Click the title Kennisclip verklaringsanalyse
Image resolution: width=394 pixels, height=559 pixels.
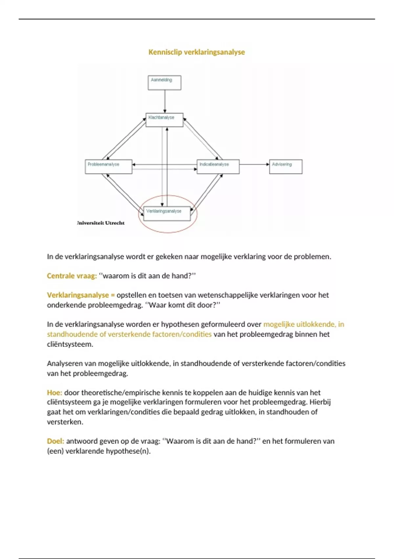tap(196, 52)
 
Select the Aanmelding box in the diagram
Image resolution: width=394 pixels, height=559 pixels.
tap(164, 83)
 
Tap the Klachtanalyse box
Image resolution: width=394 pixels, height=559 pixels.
tap(164, 120)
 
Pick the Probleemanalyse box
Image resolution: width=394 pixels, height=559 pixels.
tap(108, 167)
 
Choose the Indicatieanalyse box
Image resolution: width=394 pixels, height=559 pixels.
tap(218, 167)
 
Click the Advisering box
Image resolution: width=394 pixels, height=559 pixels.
tap(286, 167)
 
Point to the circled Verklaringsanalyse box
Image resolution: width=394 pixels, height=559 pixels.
tap(167, 214)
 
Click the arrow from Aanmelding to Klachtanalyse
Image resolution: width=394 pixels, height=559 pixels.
tap(165, 101)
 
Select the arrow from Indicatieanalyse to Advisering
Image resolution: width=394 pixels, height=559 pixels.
tap(254, 164)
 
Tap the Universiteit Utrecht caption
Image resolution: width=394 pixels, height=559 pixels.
tap(101, 223)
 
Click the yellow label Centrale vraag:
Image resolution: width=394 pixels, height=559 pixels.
tap(72, 276)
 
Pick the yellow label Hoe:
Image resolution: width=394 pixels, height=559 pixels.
tap(55, 393)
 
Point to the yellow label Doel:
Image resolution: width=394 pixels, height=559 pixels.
tap(55, 441)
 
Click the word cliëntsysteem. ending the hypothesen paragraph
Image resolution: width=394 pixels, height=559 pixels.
tap(70, 344)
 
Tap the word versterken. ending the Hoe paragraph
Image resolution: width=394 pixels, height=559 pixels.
tap(65, 422)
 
